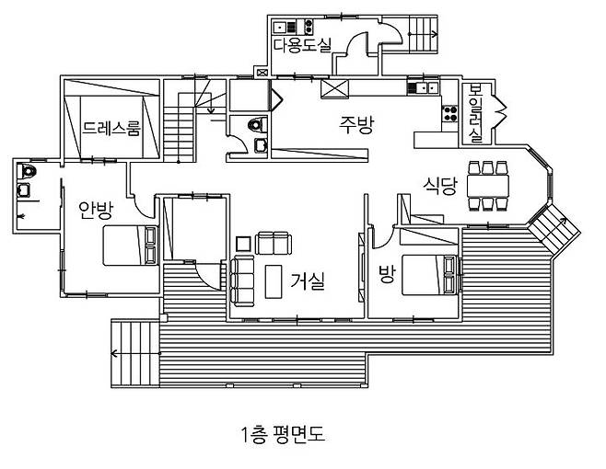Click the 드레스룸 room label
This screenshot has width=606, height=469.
tap(111, 129)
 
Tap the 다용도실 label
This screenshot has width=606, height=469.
tap(301, 44)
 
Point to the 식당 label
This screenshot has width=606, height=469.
tap(440, 183)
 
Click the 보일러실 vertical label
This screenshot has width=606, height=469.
tap(476, 113)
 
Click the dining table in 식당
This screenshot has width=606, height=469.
tap(489, 186)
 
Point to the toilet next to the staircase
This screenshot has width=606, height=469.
tap(257, 124)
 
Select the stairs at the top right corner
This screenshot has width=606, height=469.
tap(424, 35)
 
